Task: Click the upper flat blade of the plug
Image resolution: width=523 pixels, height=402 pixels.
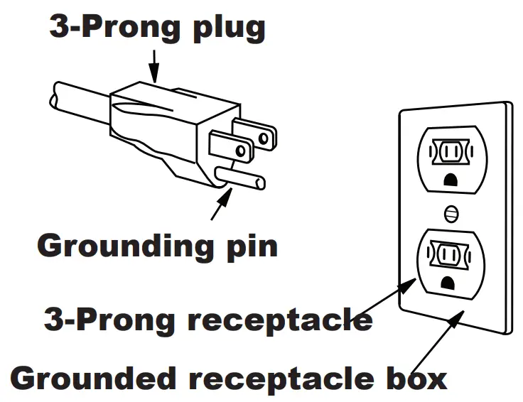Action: tap(256, 133)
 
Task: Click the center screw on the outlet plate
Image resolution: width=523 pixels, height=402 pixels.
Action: tap(449, 212)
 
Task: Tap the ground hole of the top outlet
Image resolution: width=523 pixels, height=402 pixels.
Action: tap(449, 180)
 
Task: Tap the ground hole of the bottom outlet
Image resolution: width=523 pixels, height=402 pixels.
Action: tap(449, 283)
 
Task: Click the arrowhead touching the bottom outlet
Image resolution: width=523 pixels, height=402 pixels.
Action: tap(409, 285)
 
